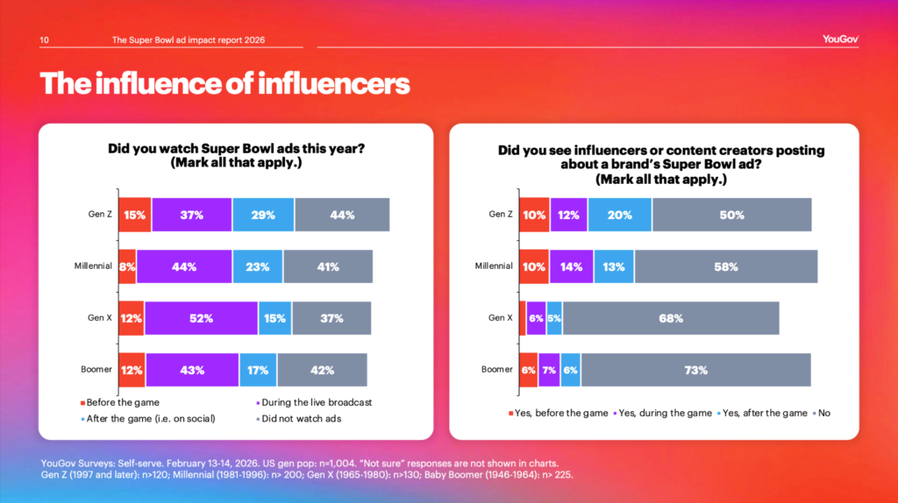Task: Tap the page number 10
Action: point(45,39)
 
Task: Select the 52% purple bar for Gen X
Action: point(201,318)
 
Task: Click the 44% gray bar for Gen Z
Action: point(342,215)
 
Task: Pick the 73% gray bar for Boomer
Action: point(695,370)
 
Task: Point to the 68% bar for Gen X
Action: point(671,318)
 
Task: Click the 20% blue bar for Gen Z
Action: point(620,215)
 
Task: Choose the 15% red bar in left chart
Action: point(134,215)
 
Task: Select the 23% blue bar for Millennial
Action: point(257,266)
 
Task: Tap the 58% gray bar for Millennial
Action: point(726,266)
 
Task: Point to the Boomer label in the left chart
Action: point(96,369)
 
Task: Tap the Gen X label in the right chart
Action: point(501,318)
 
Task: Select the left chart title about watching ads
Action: point(236,156)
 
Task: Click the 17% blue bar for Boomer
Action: point(258,370)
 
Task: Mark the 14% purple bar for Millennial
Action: point(572,266)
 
